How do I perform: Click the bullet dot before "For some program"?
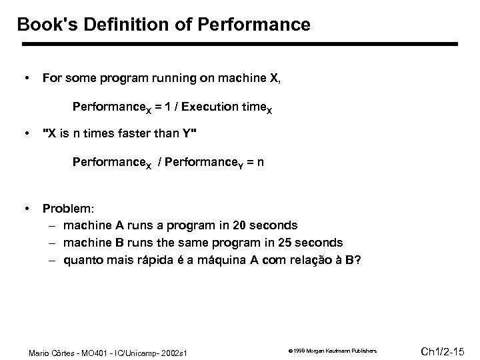[25, 78]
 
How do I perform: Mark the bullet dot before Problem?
[25, 209]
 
